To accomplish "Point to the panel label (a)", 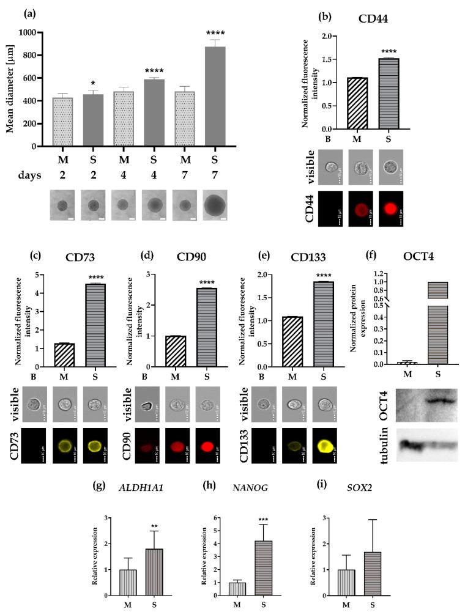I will (x=32, y=13).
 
